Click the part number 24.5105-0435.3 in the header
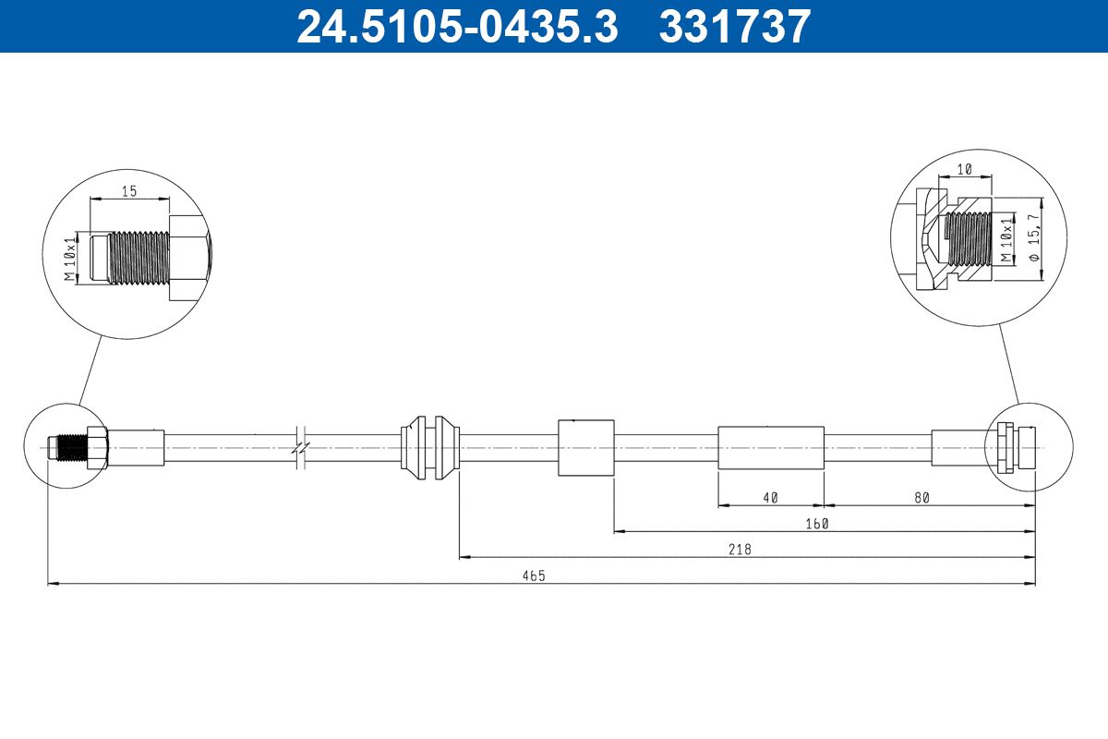456,27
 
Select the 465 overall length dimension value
534,575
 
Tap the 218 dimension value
741,549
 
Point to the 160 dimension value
817,523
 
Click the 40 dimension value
771,497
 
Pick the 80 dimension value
921,497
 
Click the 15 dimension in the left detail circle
129,191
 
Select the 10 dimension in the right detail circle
964,169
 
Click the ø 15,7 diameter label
1033,238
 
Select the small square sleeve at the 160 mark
586,447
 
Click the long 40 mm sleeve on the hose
771,447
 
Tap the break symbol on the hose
300,447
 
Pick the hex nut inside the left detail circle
187,257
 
